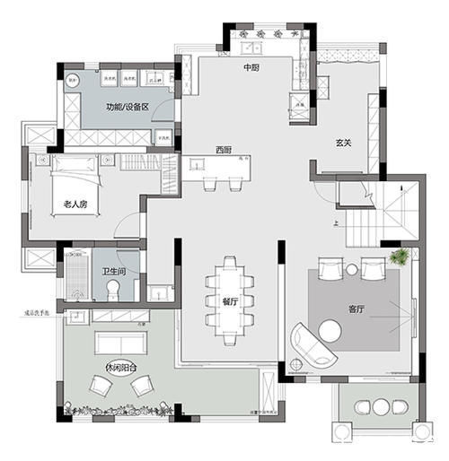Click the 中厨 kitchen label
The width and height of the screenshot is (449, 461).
pyautogui.click(x=251, y=67)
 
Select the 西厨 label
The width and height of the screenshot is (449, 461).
pyautogui.click(x=224, y=149)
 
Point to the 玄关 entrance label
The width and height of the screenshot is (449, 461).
pyautogui.click(x=343, y=142)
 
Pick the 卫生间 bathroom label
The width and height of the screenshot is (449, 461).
pyautogui.click(x=112, y=272)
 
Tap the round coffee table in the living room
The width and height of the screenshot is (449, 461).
pyautogui.click(x=330, y=333)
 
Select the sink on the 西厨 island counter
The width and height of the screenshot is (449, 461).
pyautogui.click(x=197, y=164)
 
